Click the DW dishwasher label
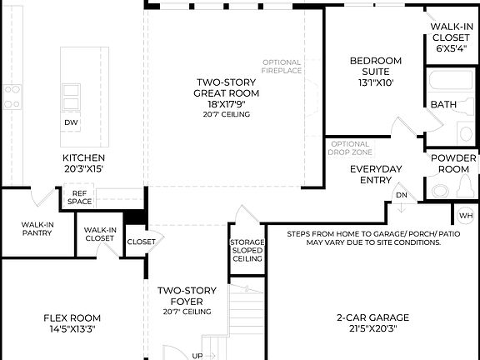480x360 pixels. pyautogui.click(x=71, y=122)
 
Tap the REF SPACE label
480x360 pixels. pyautogui.click(x=80, y=197)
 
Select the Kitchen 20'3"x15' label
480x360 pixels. pyautogui.click(x=83, y=163)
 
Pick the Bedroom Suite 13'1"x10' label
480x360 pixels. pyautogui.click(x=375, y=72)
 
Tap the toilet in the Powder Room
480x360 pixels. pyautogui.click(x=439, y=190)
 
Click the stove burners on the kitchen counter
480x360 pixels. pyautogui.click(x=12, y=97)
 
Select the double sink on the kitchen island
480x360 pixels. pyautogui.click(x=72, y=91)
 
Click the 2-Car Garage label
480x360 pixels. pyautogui.click(x=372, y=322)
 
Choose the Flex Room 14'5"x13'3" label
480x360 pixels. pyautogui.click(x=72, y=322)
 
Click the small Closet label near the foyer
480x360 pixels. pyautogui.click(x=140, y=242)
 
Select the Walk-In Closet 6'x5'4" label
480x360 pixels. pyautogui.click(x=451, y=37)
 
